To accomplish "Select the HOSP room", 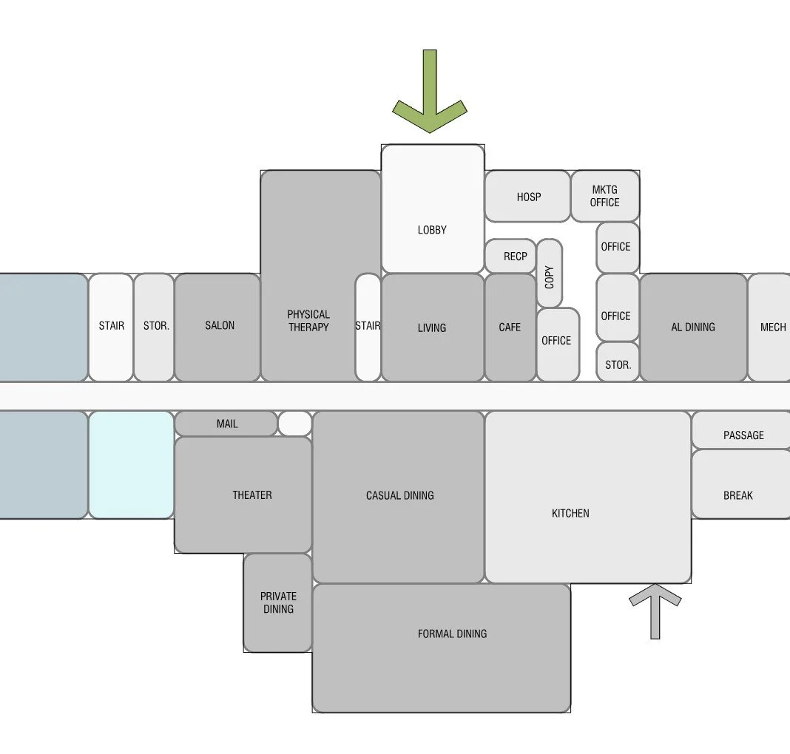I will click(x=527, y=197).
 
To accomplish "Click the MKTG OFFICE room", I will click(x=605, y=197).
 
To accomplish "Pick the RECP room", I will click(x=510, y=256).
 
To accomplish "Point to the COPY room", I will click(x=549, y=274).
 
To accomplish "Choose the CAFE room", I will click(x=510, y=327).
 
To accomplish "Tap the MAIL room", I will click(x=226, y=424).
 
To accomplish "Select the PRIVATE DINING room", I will click(x=278, y=602).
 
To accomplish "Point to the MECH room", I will click(x=771, y=327).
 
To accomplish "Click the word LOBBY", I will click(x=432, y=230).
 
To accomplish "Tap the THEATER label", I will click(x=252, y=495).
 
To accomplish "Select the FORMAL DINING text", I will click(x=452, y=634).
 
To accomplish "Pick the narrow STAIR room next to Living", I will click(x=368, y=327).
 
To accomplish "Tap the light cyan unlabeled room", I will click(x=132, y=464).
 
